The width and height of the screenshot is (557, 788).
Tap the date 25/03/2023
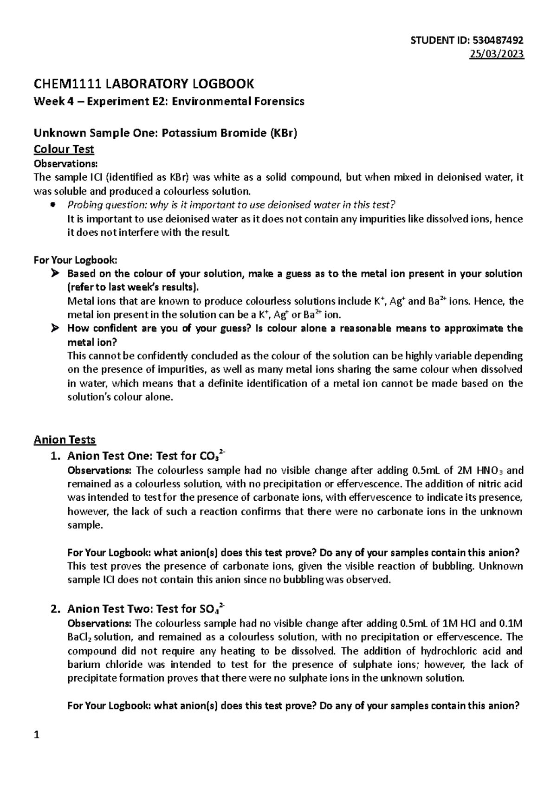tap(498, 54)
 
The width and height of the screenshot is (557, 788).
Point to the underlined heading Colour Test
tap(64, 149)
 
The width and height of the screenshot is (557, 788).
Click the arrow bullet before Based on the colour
tap(55, 274)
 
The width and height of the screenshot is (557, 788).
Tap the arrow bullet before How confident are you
tap(55, 329)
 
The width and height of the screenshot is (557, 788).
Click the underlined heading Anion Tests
tap(65, 439)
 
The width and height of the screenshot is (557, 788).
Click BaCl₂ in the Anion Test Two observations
tap(82, 637)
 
